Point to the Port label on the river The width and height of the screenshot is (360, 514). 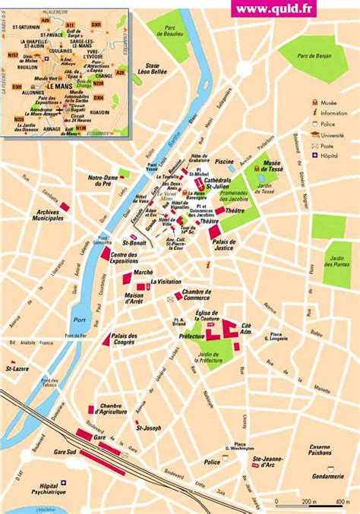(81, 319)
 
